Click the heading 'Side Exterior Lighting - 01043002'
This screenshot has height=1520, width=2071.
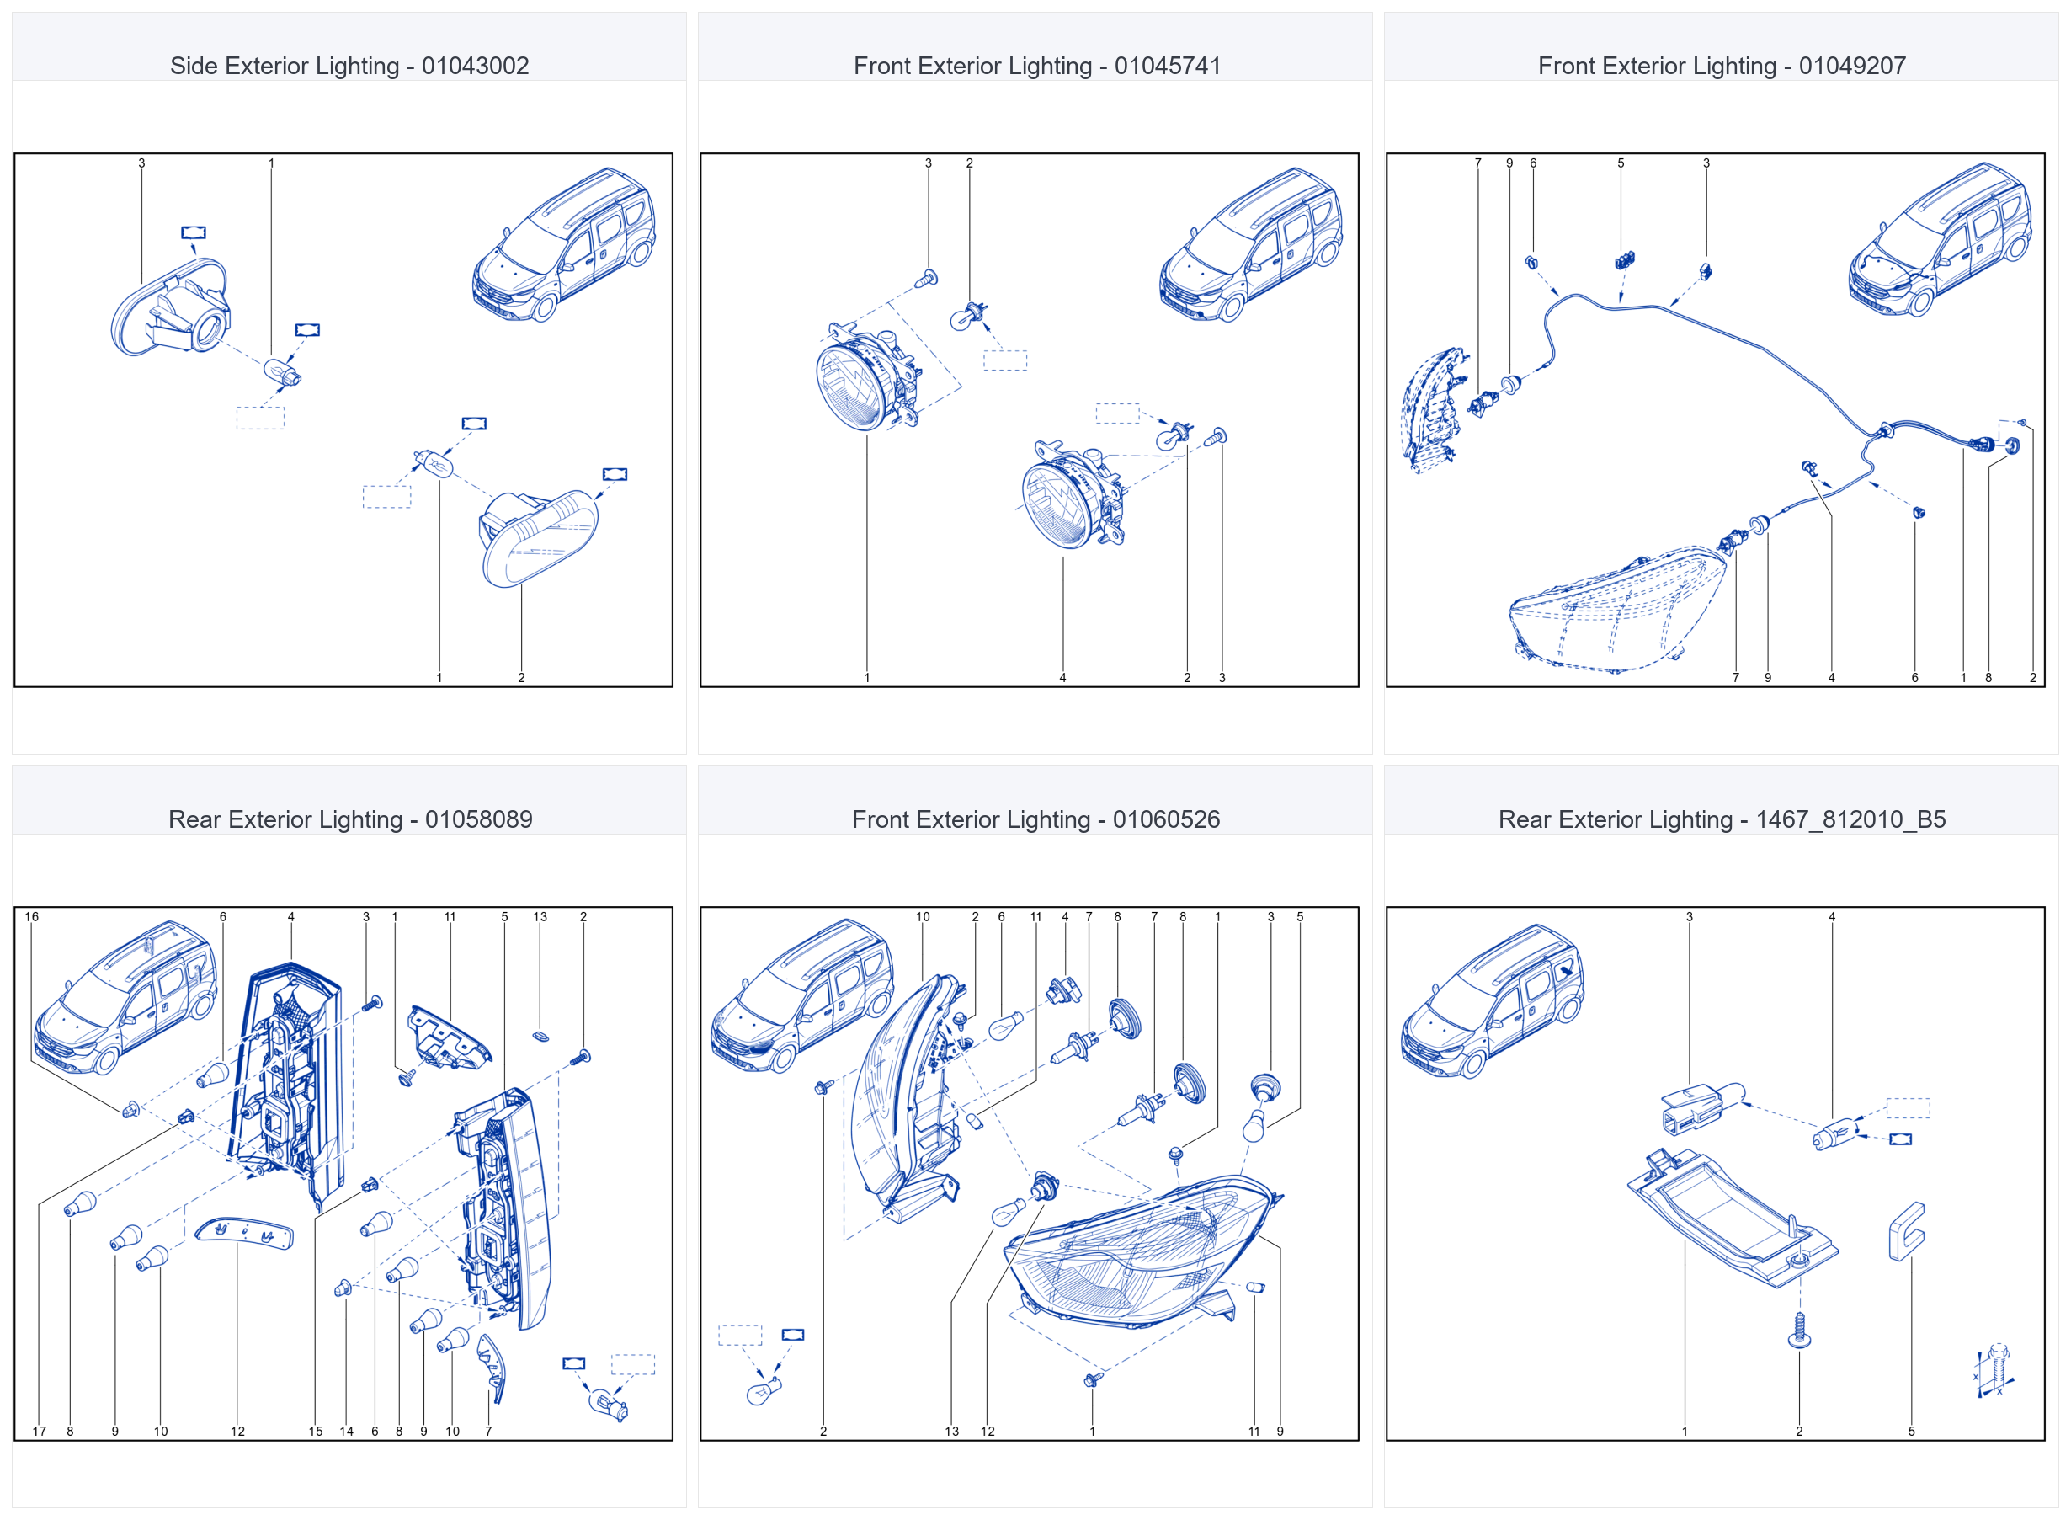tap(349, 67)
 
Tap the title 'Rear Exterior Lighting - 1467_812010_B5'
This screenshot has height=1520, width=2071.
tap(1722, 820)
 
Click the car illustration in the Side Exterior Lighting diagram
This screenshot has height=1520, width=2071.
tap(564, 244)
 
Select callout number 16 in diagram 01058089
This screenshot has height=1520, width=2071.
tap(32, 917)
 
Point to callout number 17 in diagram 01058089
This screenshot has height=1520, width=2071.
tap(40, 1432)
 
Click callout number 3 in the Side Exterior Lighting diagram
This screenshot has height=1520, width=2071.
tap(141, 163)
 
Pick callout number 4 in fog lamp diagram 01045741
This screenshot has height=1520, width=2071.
tap(1062, 678)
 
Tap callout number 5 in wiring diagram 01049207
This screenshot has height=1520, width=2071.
tap(1621, 163)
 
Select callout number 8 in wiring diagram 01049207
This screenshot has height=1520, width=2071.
tap(1988, 678)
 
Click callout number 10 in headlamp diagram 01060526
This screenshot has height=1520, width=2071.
tap(923, 917)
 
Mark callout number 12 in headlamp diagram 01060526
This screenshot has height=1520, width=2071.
tap(988, 1432)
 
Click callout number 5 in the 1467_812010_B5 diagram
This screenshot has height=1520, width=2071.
tap(1911, 1432)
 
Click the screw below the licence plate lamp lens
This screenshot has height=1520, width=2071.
tap(1800, 1331)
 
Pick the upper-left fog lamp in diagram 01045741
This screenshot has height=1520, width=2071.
tap(867, 377)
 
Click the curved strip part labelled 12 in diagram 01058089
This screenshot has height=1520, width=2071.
tap(243, 1232)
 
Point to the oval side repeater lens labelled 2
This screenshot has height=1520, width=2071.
tap(539, 539)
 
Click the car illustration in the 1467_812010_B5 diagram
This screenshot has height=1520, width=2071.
tap(1492, 1001)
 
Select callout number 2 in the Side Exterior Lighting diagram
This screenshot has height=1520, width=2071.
tap(521, 678)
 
